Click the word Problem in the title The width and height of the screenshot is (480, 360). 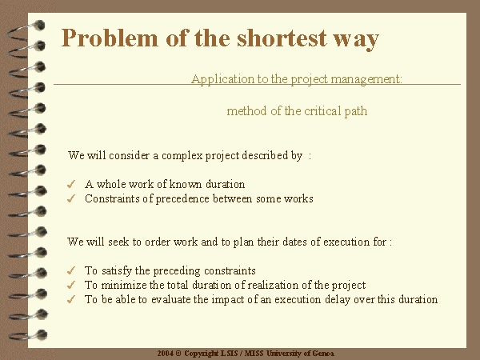110,38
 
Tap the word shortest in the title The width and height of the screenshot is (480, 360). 282,38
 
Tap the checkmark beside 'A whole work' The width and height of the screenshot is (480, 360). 71,184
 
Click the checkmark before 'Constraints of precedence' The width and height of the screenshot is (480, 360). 71,198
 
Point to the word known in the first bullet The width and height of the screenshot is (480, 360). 186,184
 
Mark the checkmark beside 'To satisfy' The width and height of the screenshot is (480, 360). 71,270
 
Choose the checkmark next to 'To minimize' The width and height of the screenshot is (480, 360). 71,285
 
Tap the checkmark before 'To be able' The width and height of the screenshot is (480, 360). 71,299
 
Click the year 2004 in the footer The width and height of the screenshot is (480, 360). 166,354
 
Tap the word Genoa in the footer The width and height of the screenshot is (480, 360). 323,354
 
